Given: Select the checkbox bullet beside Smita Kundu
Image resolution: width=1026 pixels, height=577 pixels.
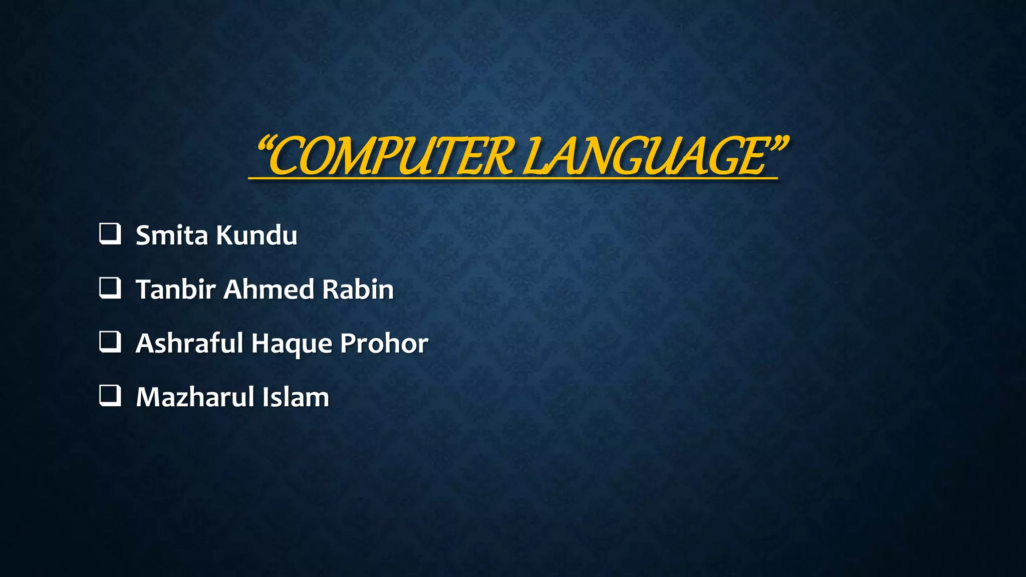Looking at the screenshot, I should point(110,234).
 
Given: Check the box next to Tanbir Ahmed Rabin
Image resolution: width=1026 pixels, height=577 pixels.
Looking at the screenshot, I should point(110,288).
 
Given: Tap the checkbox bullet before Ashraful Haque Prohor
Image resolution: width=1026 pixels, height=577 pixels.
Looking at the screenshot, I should point(110,342).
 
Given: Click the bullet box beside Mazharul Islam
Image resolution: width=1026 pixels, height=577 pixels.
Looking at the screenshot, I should point(110,396).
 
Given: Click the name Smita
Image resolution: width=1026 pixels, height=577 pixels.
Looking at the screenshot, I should point(171,235).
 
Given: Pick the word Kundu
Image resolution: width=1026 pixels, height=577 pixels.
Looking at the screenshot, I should point(256,235).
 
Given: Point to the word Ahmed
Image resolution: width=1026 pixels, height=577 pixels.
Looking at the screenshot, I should point(269,290).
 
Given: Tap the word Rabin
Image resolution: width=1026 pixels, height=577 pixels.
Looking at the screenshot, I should point(358,290).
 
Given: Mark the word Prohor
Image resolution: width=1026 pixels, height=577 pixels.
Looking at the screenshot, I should point(384,344).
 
